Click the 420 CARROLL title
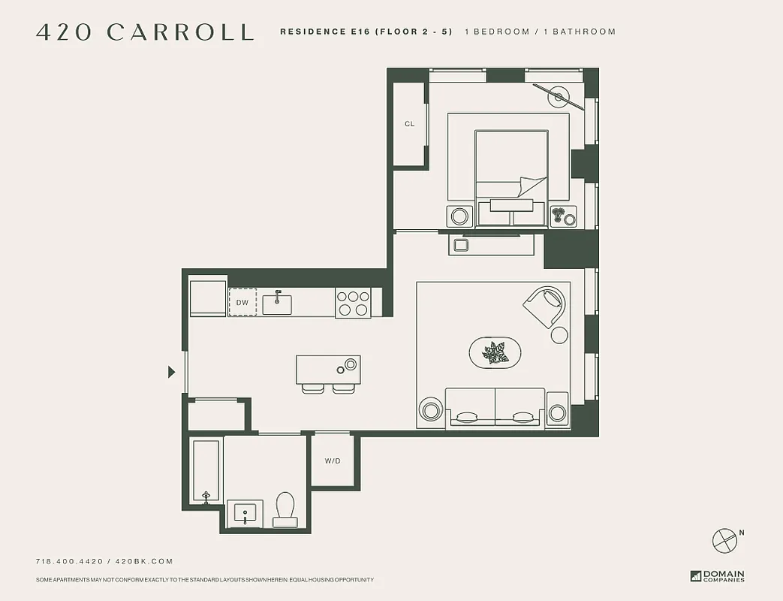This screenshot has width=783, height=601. pos(145,32)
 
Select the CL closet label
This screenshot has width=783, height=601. pos(409,124)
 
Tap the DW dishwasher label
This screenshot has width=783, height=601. pos(242,302)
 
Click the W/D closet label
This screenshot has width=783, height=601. pos(333,461)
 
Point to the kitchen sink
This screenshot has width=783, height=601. pos(277,303)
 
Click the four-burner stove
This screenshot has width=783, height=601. pos(353,303)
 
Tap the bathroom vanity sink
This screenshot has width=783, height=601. pos(245,515)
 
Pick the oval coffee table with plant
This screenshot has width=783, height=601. pos(495,352)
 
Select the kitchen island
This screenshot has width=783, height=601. pos(328,370)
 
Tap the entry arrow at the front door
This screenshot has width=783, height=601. pos(172,371)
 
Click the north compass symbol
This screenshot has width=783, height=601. pos(725,540)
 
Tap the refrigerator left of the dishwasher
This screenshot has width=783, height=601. pos(208,298)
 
